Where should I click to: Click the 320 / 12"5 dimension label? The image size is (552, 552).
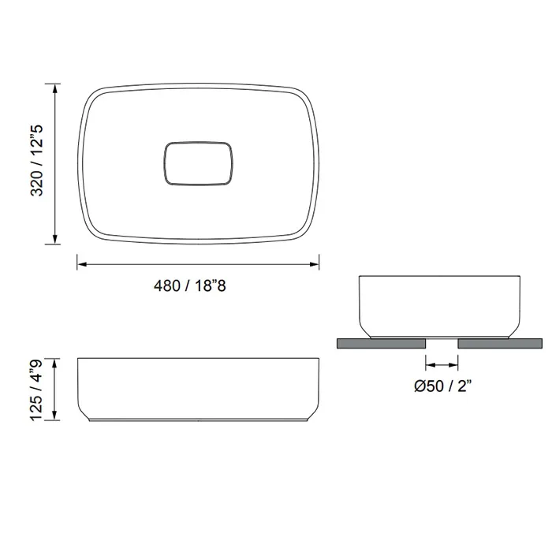pyautogui.click(x=37, y=160)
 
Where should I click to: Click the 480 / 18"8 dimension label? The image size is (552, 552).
pyautogui.click(x=190, y=285)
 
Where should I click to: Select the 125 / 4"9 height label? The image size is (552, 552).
pyautogui.click(x=37, y=390)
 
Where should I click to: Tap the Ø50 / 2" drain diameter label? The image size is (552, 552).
pyautogui.click(x=443, y=386)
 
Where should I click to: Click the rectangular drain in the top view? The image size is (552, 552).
pyautogui.click(x=198, y=164)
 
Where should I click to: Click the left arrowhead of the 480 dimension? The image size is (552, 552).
pyautogui.click(x=82, y=264)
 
